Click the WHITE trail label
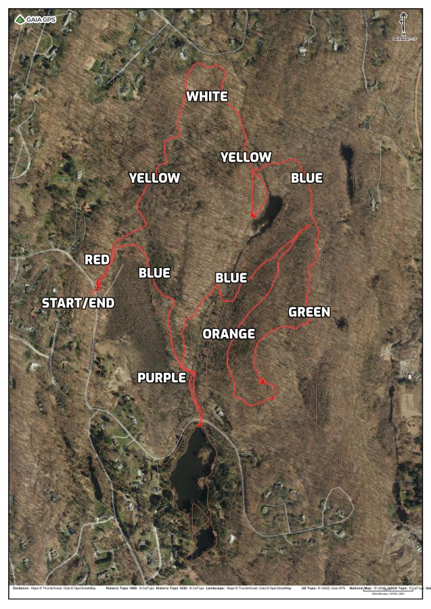[x=207, y=96]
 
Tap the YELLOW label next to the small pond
[x=246, y=157]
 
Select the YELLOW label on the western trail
[x=154, y=178]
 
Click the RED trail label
[x=97, y=259]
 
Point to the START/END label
[x=78, y=302]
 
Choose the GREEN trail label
[x=309, y=312]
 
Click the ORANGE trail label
[x=229, y=334]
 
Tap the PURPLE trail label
[x=162, y=378]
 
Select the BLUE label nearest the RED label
[x=154, y=273]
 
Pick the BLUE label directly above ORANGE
[x=231, y=277]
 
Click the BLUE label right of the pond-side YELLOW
[x=307, y=178]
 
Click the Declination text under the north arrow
[x=403, y=39]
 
